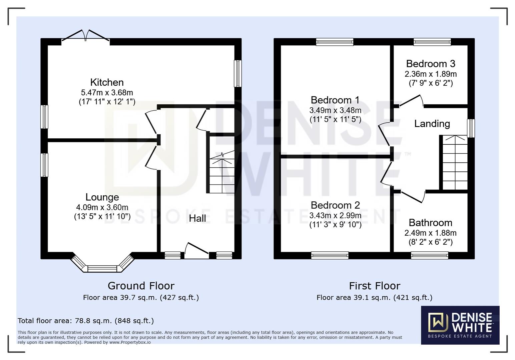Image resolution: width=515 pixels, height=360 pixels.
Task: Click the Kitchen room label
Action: click(x=107, y=82)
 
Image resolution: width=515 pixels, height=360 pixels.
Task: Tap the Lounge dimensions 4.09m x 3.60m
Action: click(x=102, y=207)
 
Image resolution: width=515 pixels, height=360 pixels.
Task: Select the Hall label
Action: click(x=197, y=218)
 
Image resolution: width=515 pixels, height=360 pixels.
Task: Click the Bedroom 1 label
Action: click(x=335, y=100)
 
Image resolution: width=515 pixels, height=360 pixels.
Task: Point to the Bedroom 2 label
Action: click(x=335, y=205)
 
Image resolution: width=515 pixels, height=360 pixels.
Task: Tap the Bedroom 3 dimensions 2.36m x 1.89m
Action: click(x=431, y=74)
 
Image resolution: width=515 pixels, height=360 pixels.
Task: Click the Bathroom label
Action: click(x=430, y=223)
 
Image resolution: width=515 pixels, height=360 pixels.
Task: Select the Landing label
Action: click(x=432, y=124)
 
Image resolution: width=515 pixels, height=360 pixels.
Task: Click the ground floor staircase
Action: click(x=221, y=173)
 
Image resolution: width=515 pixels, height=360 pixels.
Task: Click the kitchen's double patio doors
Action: click(x=86, y=37)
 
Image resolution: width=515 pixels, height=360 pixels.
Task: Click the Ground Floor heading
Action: click(x=141, y=286)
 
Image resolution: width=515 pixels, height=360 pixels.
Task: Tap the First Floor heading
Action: click(x=374, y=286)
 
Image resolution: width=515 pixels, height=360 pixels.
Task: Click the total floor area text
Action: click(x=86, y=321)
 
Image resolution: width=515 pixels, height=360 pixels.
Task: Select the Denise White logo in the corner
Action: click(x=460, y=325)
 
